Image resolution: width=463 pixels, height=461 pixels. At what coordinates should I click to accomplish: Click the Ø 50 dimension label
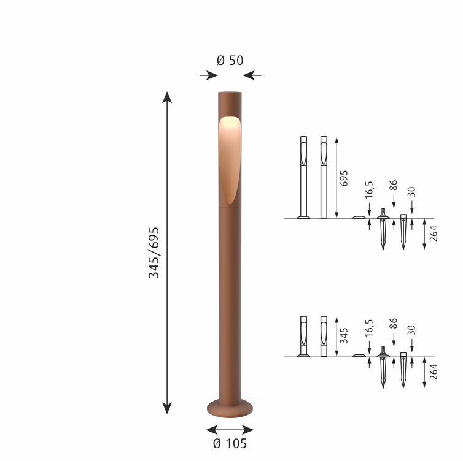click(x=230, y=61)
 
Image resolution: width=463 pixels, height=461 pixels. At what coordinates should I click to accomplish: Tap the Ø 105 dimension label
click(x=230, y=443)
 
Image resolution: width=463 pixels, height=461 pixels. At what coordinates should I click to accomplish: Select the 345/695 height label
click(x=154, y=253)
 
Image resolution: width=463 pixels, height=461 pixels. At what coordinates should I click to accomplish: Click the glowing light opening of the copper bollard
click(x=230, y=160)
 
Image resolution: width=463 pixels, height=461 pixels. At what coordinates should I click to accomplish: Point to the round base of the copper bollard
click(x=230, y=408)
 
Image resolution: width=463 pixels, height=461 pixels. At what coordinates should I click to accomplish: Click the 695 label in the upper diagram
click(x=344, y=178)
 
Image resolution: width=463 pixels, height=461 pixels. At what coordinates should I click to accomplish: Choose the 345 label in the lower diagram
click(x=344, y=336)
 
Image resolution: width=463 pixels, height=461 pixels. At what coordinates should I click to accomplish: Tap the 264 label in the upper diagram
click(x=434, y=234)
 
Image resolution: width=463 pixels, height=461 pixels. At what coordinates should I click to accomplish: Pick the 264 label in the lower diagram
click(x=434, y=372)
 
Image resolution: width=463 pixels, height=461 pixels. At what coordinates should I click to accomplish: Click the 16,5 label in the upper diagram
click(x=369, y=190)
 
